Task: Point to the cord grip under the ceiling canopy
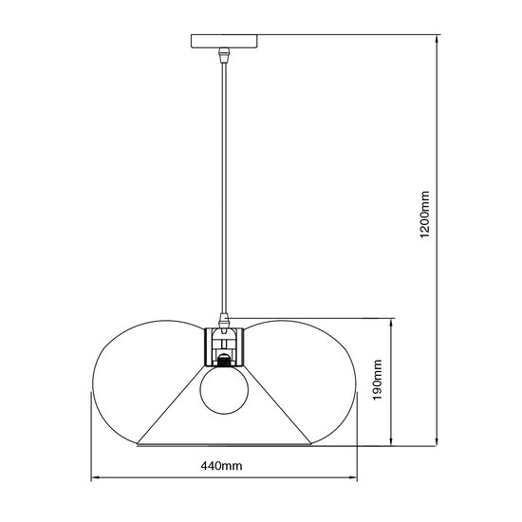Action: (x=224, y=56)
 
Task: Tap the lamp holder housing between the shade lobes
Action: (x=224, y=346)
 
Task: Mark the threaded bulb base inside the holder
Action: (x=224, y=361)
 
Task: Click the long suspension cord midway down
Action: (x=224, y=190)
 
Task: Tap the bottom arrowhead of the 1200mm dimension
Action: (x=437, y=440)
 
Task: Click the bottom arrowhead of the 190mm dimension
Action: (x=390, y=440)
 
